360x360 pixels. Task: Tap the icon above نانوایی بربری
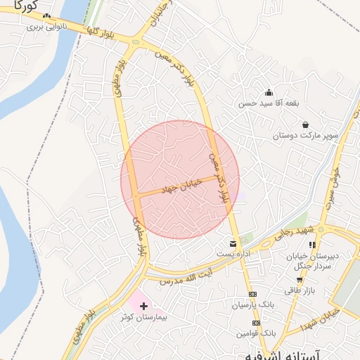(x=47, y=16)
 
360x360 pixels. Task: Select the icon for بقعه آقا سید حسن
(x=269, y=92)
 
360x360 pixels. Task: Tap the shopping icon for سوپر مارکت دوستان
(x=305, y=125)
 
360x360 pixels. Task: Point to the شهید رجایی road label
(x=292, y=236)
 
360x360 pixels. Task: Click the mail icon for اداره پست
(x=233, y=243)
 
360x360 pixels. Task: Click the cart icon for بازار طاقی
(x=300, y=280)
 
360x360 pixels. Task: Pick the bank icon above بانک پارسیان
(x=254, y=294)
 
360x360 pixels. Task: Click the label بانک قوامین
(x=255, y=333)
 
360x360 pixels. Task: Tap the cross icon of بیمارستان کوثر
(x=144, y=306)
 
